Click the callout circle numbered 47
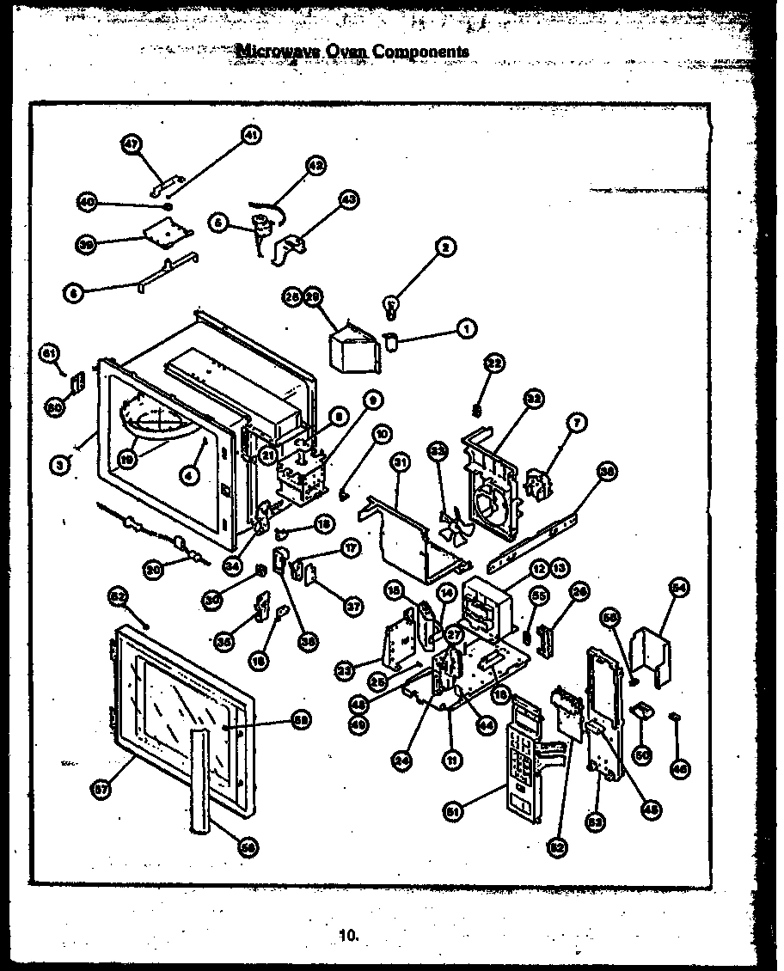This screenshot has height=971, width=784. pos(131,144)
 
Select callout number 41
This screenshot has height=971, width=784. pos(251,134)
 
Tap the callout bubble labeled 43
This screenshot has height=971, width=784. pos(348,199)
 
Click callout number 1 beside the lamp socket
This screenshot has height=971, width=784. pos(466,327)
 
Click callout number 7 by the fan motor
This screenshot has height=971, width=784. pos(576,423)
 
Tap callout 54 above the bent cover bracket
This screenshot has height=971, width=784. pos(680,587)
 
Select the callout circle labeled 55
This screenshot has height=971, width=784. pos(539,595)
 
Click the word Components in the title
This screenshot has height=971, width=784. pos(420,51)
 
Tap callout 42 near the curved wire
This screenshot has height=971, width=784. pos(317,167)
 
